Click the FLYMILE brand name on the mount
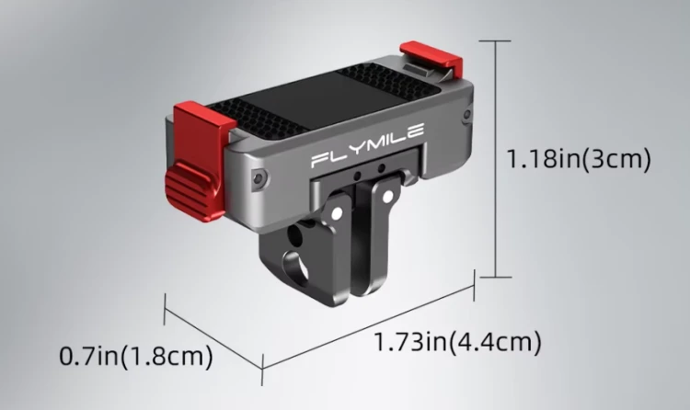coord(367,145)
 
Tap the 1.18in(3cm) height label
coord(579,158)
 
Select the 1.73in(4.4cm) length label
coord(457,341)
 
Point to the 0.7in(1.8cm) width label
coord(136,356)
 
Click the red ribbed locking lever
coord(190,190)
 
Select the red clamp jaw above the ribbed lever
coord(201,128)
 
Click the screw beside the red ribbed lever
coord(259,177)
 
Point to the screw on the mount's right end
coord(466,115)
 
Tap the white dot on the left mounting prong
coord(337,214)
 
